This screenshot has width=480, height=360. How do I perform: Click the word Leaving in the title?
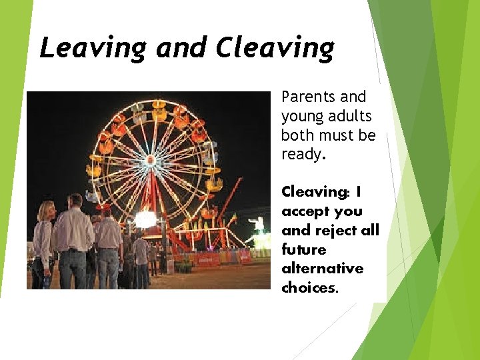[93, 49]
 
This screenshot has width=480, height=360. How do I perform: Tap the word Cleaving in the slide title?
[275, 48]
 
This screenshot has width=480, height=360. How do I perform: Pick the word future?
[303, 250]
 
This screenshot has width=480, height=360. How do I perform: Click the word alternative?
[323, 269]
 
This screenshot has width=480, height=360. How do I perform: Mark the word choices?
[310, 288]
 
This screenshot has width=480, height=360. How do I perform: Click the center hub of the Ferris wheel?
[151, 161]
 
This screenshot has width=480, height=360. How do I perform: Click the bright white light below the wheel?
[145, 219]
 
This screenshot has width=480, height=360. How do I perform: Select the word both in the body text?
[298, 136]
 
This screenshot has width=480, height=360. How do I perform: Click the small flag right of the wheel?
[233, 217]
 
